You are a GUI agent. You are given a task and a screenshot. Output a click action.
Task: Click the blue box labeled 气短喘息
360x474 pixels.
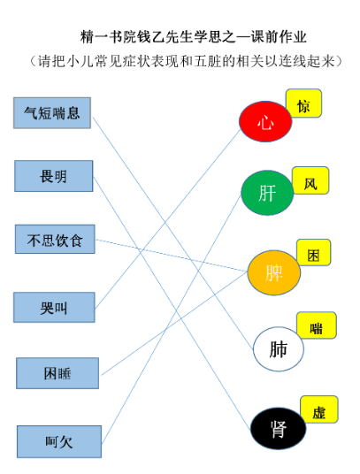pos(52,113)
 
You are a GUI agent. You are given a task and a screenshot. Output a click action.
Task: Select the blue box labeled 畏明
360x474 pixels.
pos(53,176)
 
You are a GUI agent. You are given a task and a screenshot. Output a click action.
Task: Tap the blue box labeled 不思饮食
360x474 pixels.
pos(55,239)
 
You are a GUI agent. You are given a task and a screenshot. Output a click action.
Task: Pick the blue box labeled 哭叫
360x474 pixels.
pos(54,307)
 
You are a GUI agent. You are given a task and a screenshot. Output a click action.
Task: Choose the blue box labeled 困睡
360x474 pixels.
pos(57,373)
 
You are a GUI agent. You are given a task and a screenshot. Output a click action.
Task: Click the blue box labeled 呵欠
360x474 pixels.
pos(59,441)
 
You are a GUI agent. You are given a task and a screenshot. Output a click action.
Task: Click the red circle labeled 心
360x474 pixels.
pos(265,121)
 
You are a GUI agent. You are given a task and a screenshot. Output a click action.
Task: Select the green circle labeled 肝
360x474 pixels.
pos(267,193)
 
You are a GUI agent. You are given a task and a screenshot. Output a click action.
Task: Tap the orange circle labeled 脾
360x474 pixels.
pos(274,272)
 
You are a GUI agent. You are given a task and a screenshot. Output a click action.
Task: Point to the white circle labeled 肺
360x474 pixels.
pos(279,348)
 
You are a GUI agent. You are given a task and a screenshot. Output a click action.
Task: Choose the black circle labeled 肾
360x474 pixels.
pos(279,428)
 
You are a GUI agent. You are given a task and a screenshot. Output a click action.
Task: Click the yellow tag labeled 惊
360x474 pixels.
pos(303,103)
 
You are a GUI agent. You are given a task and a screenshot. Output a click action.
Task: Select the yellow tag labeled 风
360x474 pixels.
pos(310,180)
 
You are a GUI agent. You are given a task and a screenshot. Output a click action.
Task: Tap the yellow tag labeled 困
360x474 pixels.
pos(314,252)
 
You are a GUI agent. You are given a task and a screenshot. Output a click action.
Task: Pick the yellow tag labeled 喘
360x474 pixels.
pos(317,325)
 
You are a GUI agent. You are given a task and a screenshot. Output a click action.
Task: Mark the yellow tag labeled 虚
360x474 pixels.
pos(319,409)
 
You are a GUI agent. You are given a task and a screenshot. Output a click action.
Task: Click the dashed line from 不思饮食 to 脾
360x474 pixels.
pos(172,256)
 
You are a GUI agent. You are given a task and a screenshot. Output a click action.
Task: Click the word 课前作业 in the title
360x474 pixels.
pos(279,37)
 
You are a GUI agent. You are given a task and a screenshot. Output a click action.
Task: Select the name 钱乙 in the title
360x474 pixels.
pos(151,37)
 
